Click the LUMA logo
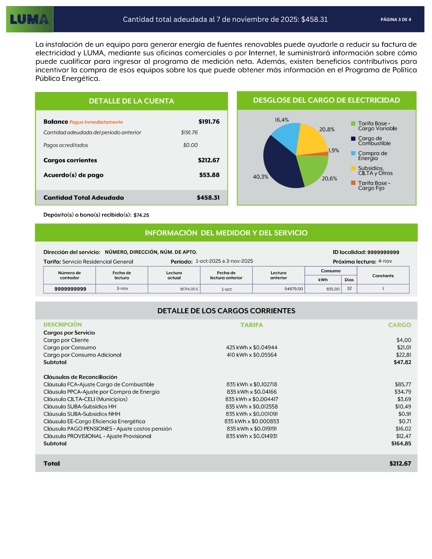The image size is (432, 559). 29,19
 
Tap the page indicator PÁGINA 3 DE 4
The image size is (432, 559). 396,20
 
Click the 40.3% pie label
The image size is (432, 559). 260,177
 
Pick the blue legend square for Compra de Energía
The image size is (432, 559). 353,153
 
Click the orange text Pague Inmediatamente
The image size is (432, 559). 96,122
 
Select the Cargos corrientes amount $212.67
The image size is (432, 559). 209,160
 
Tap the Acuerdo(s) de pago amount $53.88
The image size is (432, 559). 209,175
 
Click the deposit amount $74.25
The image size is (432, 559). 141,215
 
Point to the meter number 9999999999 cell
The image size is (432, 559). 70,289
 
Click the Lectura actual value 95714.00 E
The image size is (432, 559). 189,289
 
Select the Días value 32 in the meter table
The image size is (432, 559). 349,288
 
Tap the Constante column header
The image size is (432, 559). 383,276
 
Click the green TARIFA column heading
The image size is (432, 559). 251,325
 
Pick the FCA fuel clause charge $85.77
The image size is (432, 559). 403,384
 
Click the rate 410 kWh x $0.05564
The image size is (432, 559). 252,355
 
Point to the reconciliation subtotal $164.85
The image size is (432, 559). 401,444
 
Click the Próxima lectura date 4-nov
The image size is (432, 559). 385,261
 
